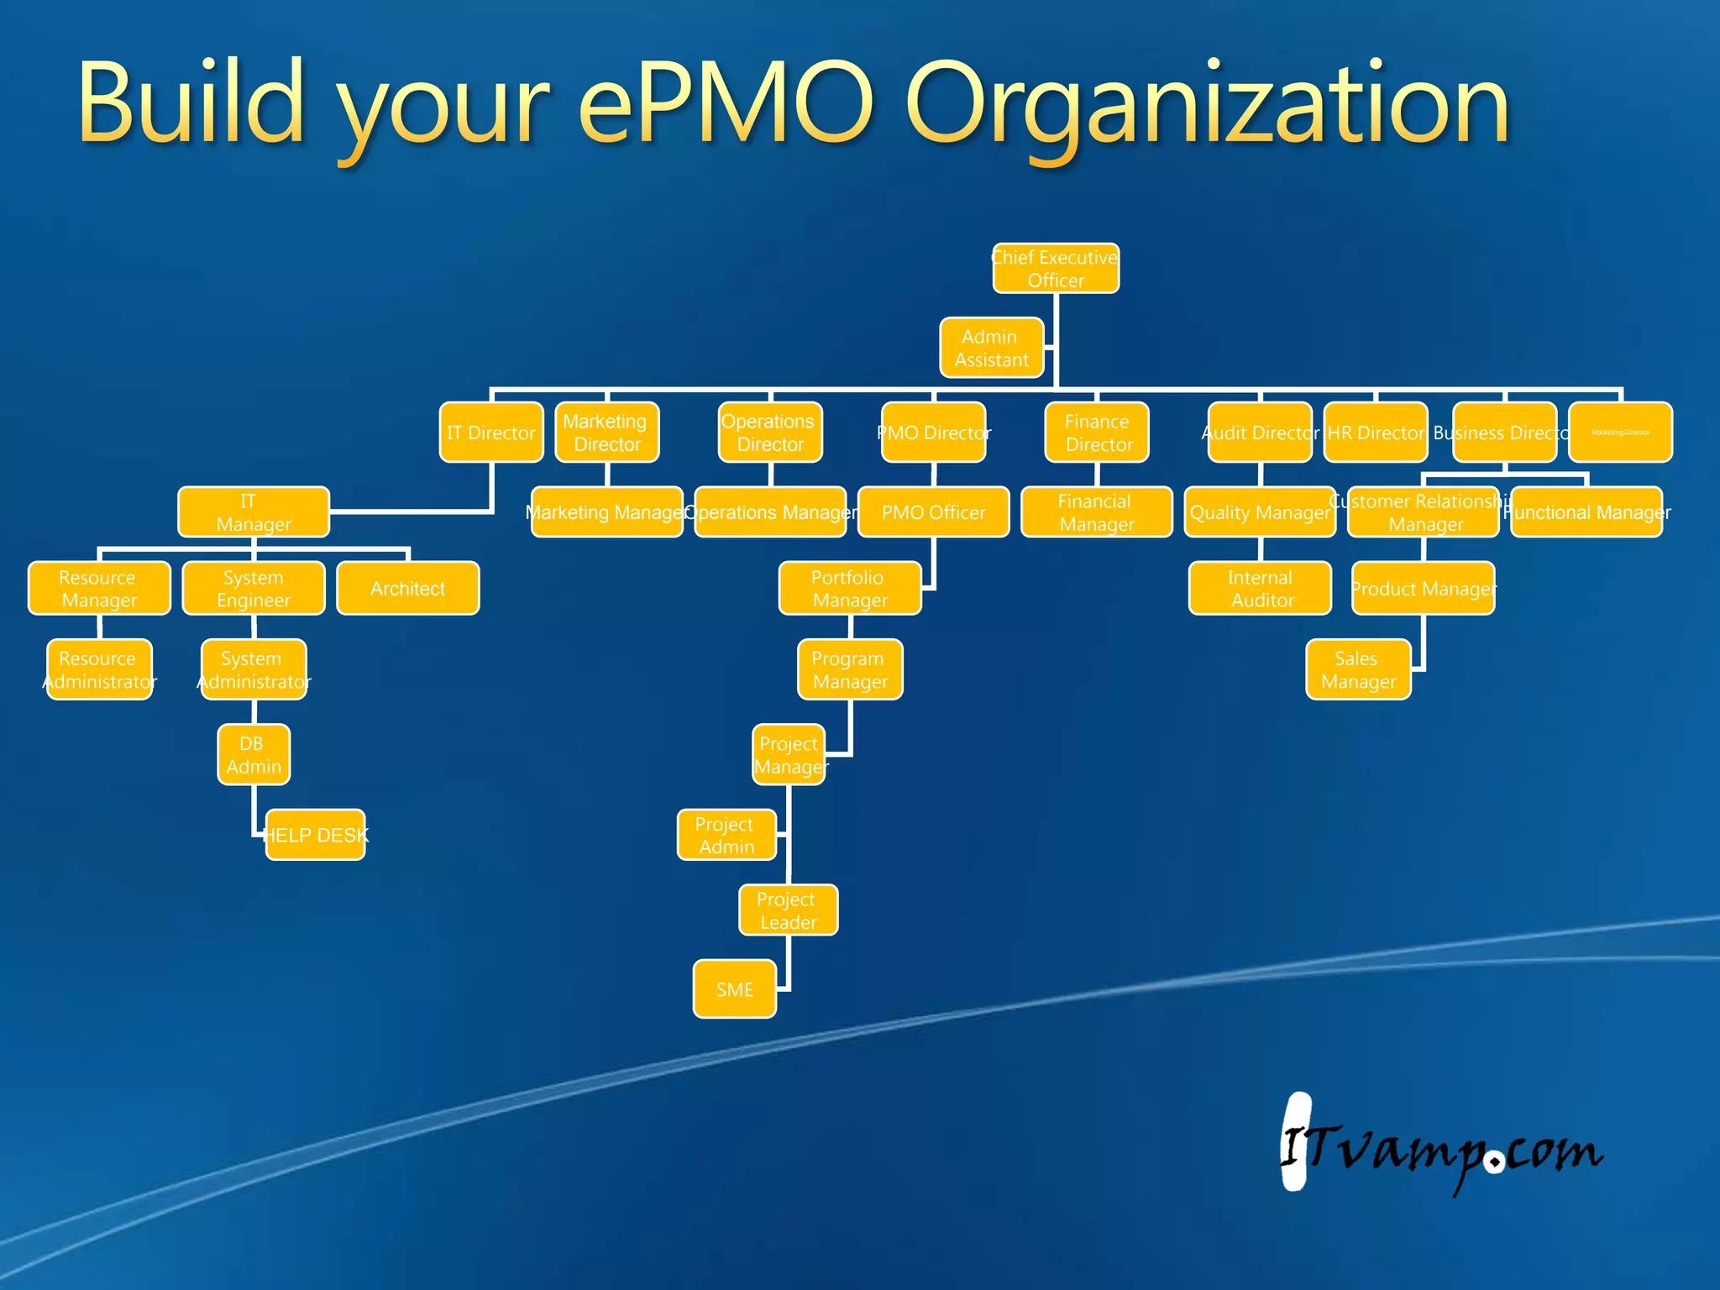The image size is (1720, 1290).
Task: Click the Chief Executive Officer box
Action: coord(1056,269)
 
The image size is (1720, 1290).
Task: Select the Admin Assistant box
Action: coord(991,348)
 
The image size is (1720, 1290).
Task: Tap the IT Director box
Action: coord(491,433)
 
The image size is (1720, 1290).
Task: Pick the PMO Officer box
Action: coord(933,512)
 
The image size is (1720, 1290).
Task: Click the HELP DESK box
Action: coord(315,835)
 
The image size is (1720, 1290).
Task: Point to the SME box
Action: coord(734,989)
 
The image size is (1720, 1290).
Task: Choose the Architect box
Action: coord(407,589)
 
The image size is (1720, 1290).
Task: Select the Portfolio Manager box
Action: coord(849,589)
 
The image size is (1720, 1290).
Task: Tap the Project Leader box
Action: coord(788,910)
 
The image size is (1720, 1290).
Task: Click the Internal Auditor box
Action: coord(1260,589)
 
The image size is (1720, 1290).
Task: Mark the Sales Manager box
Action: coord(1358,669)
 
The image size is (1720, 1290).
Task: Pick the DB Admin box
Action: coord(254,754)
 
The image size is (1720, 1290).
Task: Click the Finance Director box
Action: coord(1097,433)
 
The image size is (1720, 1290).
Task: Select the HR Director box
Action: coord(1375,433)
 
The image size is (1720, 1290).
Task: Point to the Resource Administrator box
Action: coord(99,669)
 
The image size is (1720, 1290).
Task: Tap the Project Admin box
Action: coord(726,835)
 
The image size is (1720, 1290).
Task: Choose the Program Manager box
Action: coord(849,669)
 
